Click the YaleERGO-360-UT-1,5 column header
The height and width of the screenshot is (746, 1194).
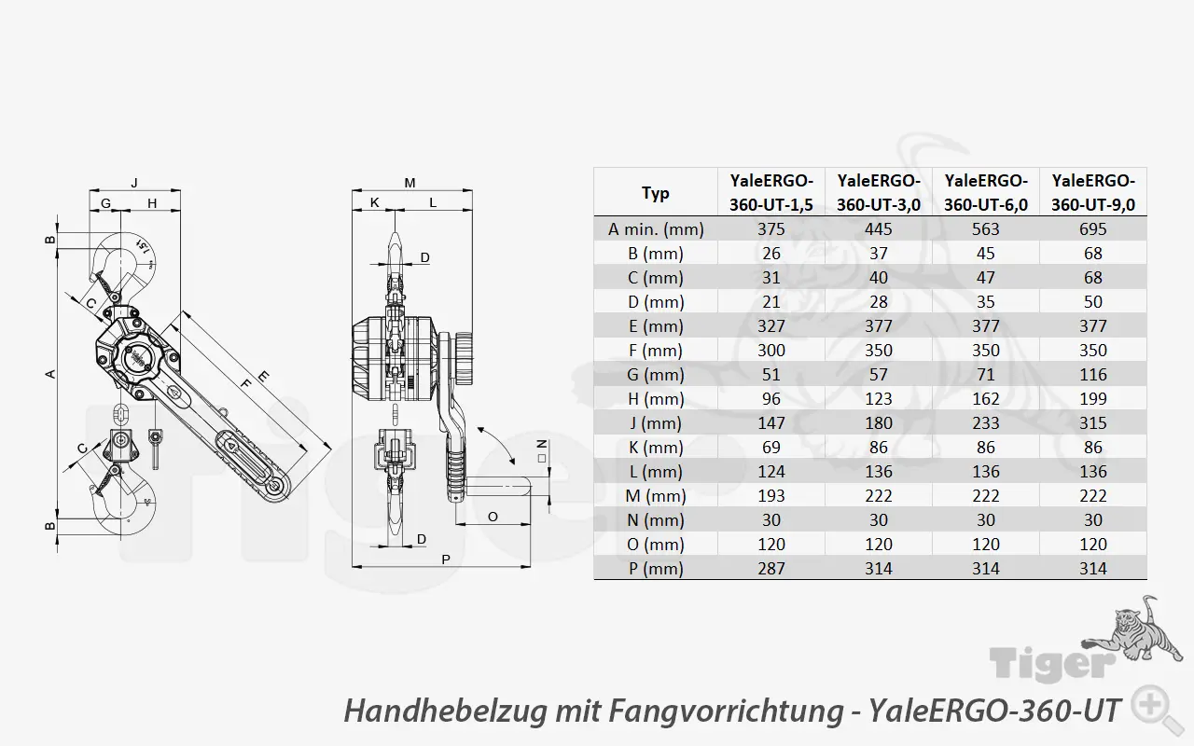point(771,192)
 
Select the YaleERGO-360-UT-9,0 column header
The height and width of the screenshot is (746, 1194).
point(1093,192)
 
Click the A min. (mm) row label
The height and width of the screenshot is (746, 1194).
point(656,229)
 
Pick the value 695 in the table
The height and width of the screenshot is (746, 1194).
point(1093,229)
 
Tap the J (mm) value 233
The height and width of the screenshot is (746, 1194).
point(986,423)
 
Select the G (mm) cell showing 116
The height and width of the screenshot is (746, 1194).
point(1093,375)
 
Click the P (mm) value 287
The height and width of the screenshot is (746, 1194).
point(771,569)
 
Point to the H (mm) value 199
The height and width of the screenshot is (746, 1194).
point(1093,398)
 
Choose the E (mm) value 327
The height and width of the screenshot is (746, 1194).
point(771,326)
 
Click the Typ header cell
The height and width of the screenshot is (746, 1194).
point(656,193)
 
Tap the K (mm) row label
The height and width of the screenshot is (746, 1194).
point(656,448)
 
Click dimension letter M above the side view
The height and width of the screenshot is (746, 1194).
point(410,183)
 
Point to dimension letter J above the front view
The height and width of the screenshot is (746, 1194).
point(134,183)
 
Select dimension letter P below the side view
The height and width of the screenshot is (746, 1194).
point(446,559)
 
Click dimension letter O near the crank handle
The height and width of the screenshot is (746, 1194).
point(493,517)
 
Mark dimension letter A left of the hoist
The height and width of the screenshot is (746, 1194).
point(50,374)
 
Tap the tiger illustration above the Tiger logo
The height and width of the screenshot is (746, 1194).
point(1132,631)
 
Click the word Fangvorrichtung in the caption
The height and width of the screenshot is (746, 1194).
point(726,711)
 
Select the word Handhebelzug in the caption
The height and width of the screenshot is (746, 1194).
point(445,711)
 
